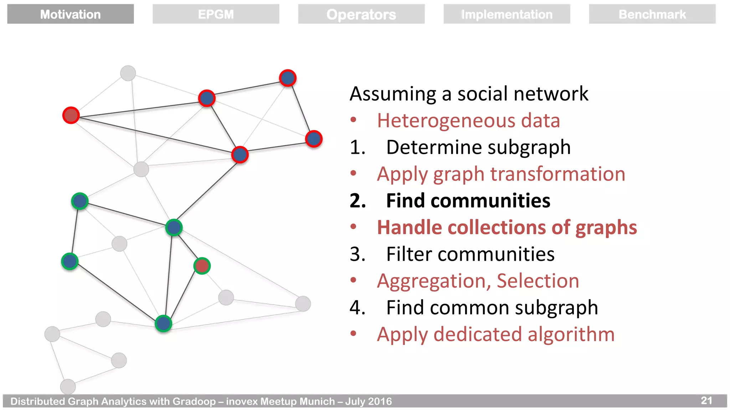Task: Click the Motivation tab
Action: tap(70, 14)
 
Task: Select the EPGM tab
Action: tap(216, 14)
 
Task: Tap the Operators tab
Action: tap(361, 14)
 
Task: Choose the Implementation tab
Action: tap(507, 14)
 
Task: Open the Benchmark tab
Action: tap(652, 14)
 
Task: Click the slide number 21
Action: tap(706, 400)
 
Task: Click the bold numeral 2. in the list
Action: tap(358, 201)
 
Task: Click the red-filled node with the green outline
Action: tap(202, 266)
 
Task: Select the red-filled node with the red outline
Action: tap(71, 115)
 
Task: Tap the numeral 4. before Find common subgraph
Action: tap(358, 307)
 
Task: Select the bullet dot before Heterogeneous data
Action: tap(353, 120)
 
